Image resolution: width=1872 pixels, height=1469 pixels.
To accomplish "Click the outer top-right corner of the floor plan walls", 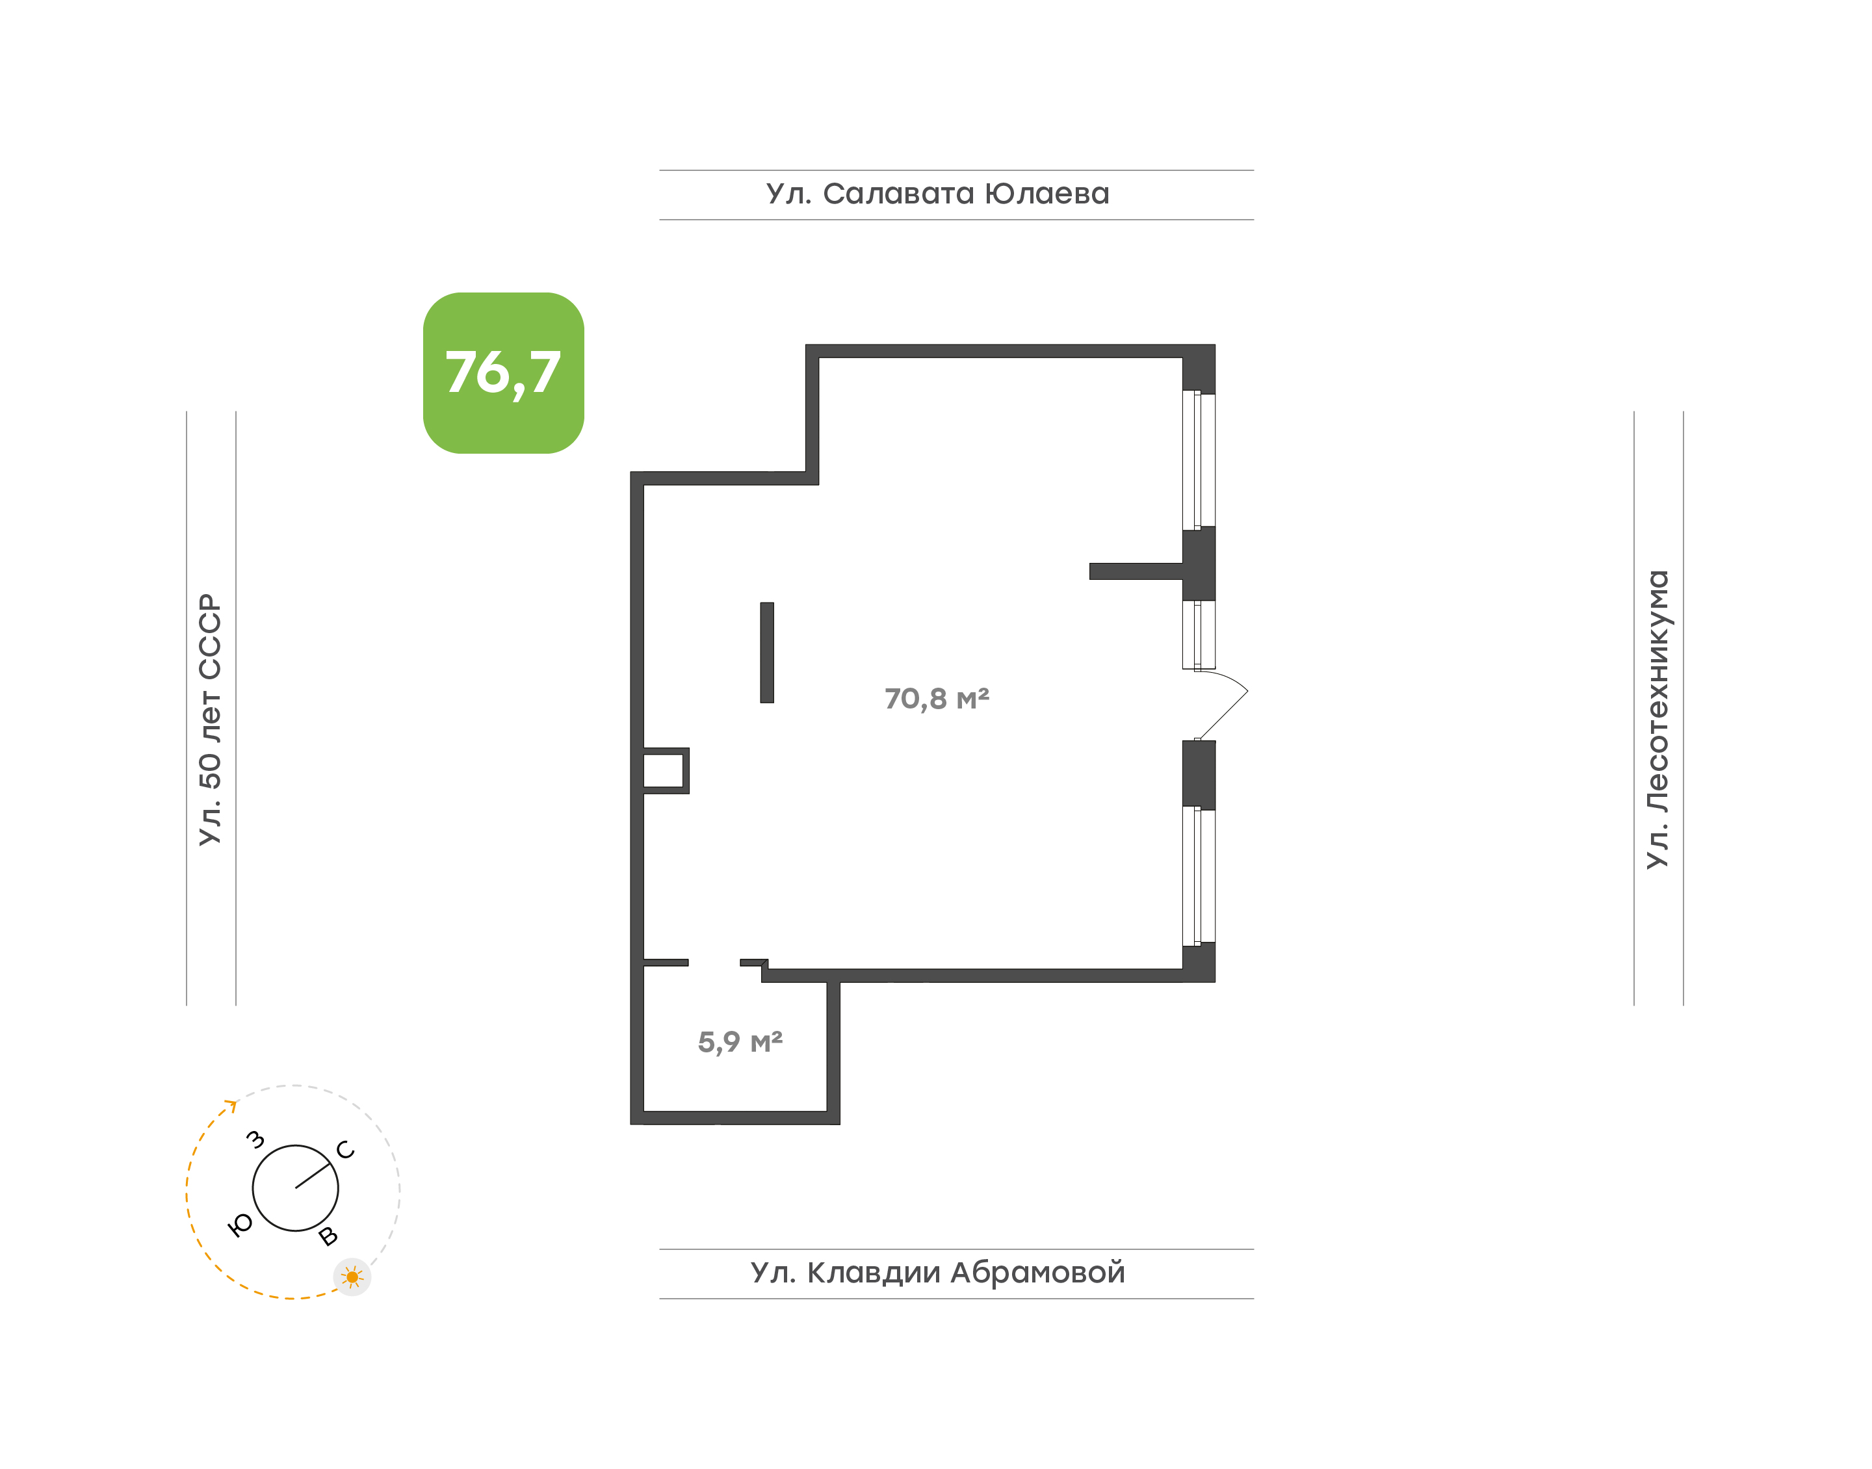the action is point(1215,345).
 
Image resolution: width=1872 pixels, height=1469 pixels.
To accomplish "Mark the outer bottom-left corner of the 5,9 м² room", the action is point(631,1124).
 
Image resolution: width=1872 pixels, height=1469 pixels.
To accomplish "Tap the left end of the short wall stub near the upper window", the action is point(1089,571).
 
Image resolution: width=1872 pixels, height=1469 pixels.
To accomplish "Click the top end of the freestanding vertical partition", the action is point(767,603).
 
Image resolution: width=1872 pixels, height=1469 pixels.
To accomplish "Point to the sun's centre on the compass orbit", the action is point(352,1277).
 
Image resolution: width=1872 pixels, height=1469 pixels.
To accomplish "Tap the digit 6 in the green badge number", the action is point(493,372).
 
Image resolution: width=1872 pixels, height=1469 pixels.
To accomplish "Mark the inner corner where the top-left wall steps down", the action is point(818,485).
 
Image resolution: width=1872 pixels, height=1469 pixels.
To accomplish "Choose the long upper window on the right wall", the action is point(1199,460).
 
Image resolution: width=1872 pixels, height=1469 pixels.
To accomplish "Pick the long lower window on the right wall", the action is point(1199,876).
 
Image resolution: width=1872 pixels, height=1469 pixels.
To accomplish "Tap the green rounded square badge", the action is point(503,372).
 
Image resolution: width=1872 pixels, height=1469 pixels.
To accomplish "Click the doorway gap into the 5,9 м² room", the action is point(714,963).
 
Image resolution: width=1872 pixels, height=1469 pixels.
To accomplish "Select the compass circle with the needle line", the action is point(295,1188).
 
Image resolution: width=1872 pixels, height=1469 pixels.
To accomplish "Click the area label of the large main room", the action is point(937,698).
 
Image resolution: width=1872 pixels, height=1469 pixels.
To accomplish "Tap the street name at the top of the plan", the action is point(937,194).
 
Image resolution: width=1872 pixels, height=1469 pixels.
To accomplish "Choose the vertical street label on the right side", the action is point(1657,719).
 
